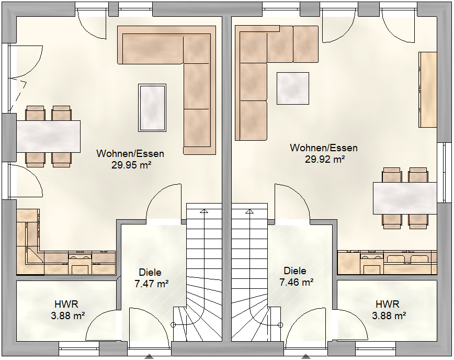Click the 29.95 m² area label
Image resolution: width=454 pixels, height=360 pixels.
(x=131, y=165)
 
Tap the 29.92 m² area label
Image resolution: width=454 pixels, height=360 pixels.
(x=325, y=159)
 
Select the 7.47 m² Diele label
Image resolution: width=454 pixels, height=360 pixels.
(x=152, y=284)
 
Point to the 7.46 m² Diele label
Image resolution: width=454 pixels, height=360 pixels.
(x=296, y=282)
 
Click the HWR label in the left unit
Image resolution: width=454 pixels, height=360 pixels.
(x=66, y=304)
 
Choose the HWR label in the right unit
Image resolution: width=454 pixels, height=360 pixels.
(x=388, y=304)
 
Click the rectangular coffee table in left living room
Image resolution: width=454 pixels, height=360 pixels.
(x=152, y=108)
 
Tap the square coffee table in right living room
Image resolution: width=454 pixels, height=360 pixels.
(x=293, y=88)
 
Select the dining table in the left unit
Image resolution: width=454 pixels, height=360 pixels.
(x=48, y=137)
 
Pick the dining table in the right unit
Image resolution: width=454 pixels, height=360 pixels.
(x=405, y=198)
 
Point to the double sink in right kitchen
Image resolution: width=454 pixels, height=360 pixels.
(x=407, y=258)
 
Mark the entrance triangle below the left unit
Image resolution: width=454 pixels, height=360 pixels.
(x=149, y=356)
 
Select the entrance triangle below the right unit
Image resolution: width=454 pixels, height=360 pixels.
(x=305, y=356)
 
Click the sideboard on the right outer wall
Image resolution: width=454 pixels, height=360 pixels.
(x=428, y=89)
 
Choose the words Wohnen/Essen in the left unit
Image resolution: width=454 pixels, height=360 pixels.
(x=130, y=153)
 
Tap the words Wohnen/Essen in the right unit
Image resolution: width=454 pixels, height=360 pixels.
(x=324, y=148)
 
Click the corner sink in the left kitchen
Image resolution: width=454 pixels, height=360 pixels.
(x=33, y=255)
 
